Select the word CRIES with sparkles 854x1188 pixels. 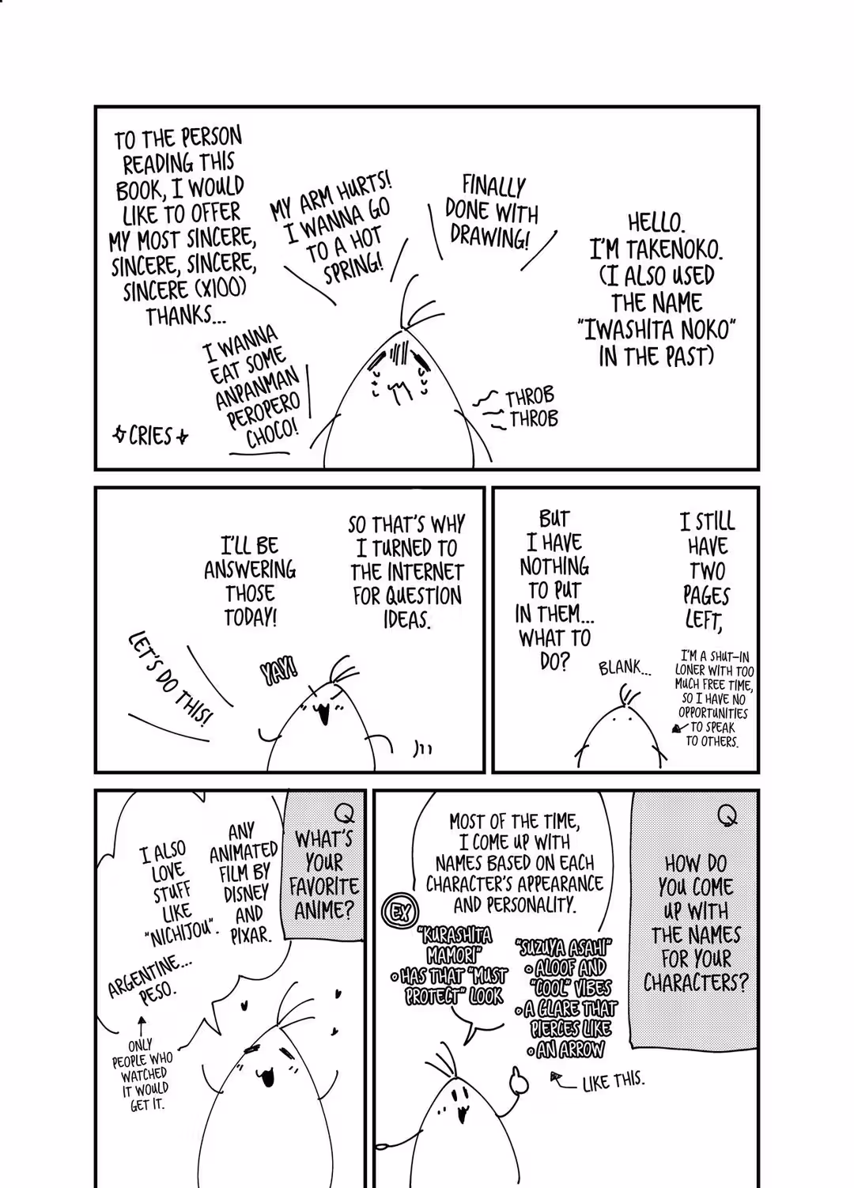[x=150, y=437]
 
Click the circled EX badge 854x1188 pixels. [x=400, y=912]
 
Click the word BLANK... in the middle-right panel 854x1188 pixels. [x=625, y=668]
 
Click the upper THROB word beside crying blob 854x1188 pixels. [x=529, y=397]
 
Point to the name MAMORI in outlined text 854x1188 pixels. [x=452, y=955]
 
